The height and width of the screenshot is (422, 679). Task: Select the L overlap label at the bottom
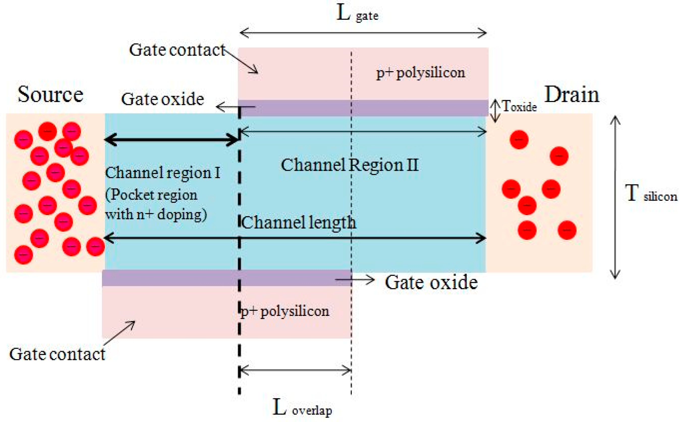point(302,408)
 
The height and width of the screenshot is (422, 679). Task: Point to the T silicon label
point(650,194)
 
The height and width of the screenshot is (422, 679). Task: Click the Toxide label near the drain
point(519,107)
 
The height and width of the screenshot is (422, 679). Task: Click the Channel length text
point(298,223)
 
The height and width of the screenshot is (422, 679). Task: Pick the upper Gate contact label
point(177,50)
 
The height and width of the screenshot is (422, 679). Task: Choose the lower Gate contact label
point(57,355)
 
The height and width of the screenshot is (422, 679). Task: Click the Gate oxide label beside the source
point(162,99)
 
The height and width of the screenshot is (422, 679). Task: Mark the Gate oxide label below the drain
point(431,282)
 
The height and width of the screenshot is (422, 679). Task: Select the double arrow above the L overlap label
point(295,371)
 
